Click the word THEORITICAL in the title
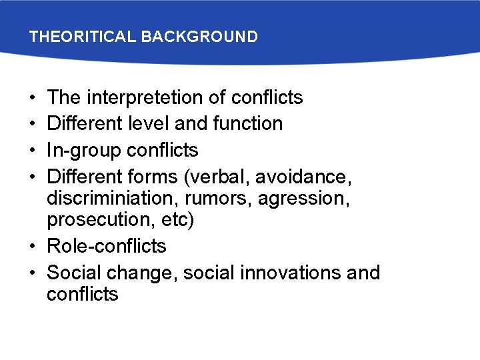pyautogui.click(x=82, y=37)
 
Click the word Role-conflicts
pyautogui.click(x=107, y=246)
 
